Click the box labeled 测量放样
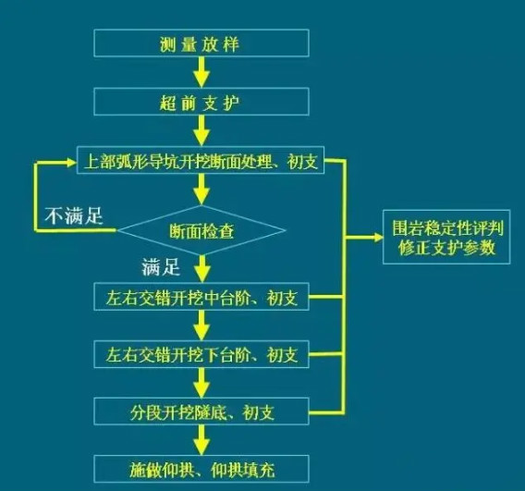pos(201,43)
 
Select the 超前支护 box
pos(201,102)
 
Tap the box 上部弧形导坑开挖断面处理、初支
pos(201,160)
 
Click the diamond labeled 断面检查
pos(201,230)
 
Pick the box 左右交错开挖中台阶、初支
pos(201,297)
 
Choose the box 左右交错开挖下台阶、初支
pos(201,354)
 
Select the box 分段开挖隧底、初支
pos(201,411)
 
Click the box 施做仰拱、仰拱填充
pos(201,469)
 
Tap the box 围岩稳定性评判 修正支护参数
pos(446,237)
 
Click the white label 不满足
pos(74,215)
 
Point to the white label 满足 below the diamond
pos(161,267)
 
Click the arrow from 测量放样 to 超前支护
pos(201,72)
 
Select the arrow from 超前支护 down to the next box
pos(201,131)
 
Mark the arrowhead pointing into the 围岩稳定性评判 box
pos(378,238)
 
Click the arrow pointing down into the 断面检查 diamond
pos(201,190)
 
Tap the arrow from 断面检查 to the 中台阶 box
pos(201,269)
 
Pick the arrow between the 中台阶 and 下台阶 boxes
pos(201,325)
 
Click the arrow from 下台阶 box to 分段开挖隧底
pos(201,383)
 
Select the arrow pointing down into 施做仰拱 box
pos(201,440)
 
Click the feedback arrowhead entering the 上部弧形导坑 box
pos(72,163)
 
